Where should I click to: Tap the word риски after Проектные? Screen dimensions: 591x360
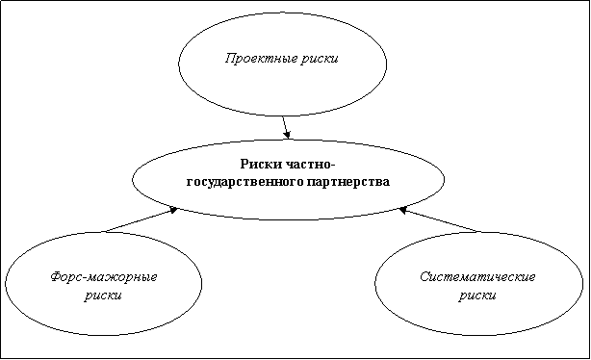click(320, 59)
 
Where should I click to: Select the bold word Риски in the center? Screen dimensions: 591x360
click(261, 165)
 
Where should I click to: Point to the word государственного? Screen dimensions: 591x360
click(245, 182)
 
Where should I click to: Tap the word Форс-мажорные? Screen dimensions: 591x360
click(104, 277)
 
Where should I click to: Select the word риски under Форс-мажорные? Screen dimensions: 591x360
click(103, 296)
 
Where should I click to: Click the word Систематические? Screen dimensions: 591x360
click(477, 277)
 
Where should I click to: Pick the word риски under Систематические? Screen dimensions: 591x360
click(477, 296)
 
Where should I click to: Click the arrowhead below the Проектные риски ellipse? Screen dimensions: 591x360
click(288, 135)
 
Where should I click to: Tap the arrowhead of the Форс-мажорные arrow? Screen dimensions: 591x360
click(173, 210)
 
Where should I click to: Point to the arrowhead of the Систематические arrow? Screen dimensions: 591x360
click(403, 210)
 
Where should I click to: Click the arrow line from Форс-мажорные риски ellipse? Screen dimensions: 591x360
click(141, 219)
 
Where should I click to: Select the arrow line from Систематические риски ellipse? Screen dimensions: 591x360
click(440, 219)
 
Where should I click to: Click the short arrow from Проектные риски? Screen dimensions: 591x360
click(286, 127)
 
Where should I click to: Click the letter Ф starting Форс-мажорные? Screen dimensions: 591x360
click(56, 277)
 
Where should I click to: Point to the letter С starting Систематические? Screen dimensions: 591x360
click(424, 277)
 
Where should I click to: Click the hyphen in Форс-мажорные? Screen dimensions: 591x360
click(88, 279)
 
